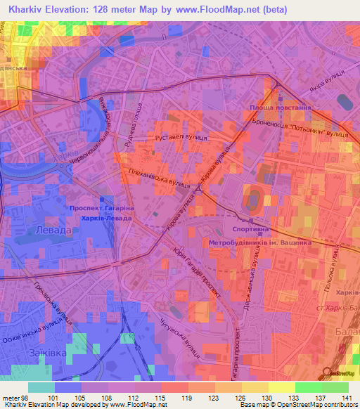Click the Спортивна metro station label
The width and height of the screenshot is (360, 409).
pyautogui.click(x=249, y=230)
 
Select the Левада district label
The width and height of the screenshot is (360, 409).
pyautogui.click(x=53, y=231)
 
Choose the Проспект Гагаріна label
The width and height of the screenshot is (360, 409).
pyautogui.click(x=102, y=208)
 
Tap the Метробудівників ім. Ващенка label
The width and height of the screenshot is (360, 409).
pyautogui.click(x=260, y=242)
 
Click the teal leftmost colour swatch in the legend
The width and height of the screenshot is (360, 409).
pyautogui.click(x=41, y=387)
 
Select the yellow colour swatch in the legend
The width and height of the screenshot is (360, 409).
pyautogui.click(x=281, y=387)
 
